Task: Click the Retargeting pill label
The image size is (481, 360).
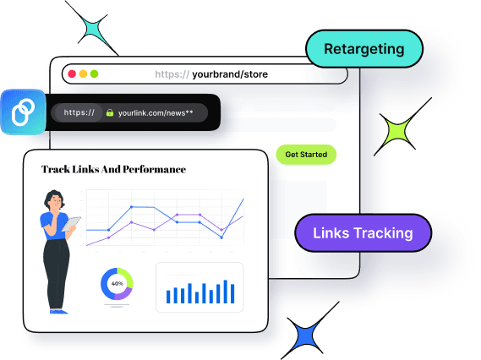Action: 363,50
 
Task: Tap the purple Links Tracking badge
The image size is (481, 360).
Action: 363,233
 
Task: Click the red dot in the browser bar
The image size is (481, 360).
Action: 72,74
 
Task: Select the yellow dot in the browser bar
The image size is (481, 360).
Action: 84,74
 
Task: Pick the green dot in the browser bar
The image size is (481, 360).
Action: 95,74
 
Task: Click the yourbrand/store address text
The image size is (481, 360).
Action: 230,74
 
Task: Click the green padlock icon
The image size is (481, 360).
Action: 109,112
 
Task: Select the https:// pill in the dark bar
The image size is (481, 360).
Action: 79,112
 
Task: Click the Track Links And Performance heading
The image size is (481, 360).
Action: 113,169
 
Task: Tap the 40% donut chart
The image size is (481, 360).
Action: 117,283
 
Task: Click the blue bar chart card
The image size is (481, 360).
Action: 200,287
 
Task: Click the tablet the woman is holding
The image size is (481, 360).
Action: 74,224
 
